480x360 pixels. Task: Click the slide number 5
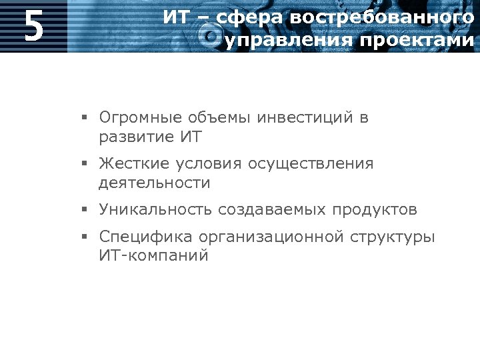pyautogui.click(x=33, y=27)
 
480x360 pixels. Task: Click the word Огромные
pyautogui.click(x=140, y=118)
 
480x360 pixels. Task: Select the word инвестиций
pyautogui.click(x=303, y=118)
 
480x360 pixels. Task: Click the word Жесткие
pyautogui.click(x=133, y=163)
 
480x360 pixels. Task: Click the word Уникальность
pyautogui.click(x=154, y=209)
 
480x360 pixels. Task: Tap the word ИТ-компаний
pyautogui.click(x=153, y=255)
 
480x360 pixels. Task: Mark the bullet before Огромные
pyautogui.click(x=85, y=119)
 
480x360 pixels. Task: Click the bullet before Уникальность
pyautogui.click(x=85, y=210)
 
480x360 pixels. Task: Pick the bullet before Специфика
pyautogui.click(x=85, y=237)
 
